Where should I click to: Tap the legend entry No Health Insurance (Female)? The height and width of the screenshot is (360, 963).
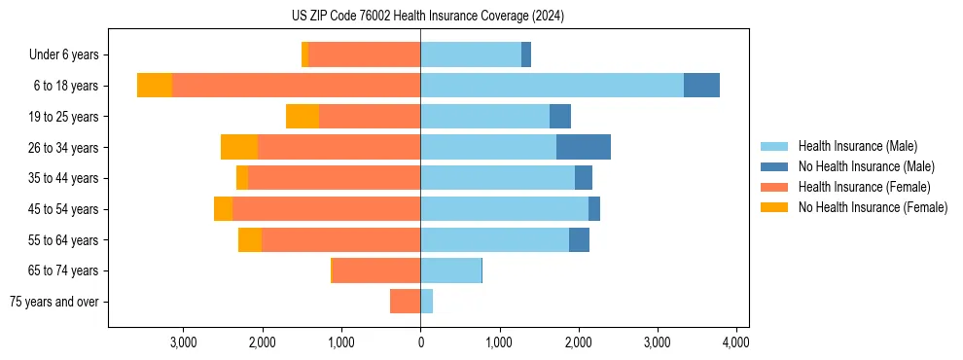point(873,207)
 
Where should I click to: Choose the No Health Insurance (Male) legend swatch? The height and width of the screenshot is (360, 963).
point(775,166)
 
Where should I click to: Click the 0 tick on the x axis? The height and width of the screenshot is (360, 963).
point(420,342)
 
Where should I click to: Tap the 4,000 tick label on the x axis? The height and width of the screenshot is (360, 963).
point(736,342)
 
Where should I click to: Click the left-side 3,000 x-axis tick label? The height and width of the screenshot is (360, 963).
point(184,342)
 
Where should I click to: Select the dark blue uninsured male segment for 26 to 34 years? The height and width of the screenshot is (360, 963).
point(584,147)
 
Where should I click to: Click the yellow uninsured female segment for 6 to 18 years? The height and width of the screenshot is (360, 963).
point(155,86)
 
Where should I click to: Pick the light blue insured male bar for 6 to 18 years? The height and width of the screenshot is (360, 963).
point(552,86)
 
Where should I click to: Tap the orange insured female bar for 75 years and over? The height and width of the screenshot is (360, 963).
point(405,302)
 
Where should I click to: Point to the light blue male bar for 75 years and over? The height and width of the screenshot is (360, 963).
point(426,302)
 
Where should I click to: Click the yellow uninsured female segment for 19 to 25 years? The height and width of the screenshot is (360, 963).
point(303,117)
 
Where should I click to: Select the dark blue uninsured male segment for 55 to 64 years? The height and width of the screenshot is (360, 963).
point(579,239)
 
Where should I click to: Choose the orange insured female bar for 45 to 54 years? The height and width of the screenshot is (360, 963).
point(326,209)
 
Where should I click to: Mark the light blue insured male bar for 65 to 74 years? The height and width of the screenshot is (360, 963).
point(450,270)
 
